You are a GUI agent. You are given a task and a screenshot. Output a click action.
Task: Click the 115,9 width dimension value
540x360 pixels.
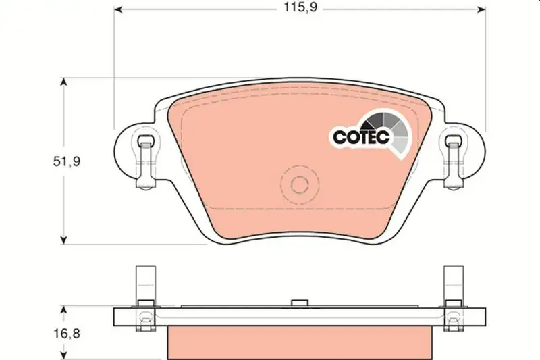click(300, 7)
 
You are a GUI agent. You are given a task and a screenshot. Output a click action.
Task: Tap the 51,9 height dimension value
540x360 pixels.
click(67, 161)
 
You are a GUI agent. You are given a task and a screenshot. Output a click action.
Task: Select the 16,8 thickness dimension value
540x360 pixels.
click(67, 334)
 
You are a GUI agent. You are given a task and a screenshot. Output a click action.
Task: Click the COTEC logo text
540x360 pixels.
click(361, 137)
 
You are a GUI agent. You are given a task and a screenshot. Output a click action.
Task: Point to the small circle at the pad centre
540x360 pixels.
click(299, 184)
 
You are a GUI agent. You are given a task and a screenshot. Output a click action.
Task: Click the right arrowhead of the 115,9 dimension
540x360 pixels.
click(481, 9)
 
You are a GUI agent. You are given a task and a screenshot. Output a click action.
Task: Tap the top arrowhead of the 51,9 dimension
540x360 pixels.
click(63, 82)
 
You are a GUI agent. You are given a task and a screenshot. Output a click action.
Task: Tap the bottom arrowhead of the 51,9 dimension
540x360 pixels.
click(63, 240)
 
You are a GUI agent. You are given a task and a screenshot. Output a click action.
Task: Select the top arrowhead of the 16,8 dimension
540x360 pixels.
click(63, 311)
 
